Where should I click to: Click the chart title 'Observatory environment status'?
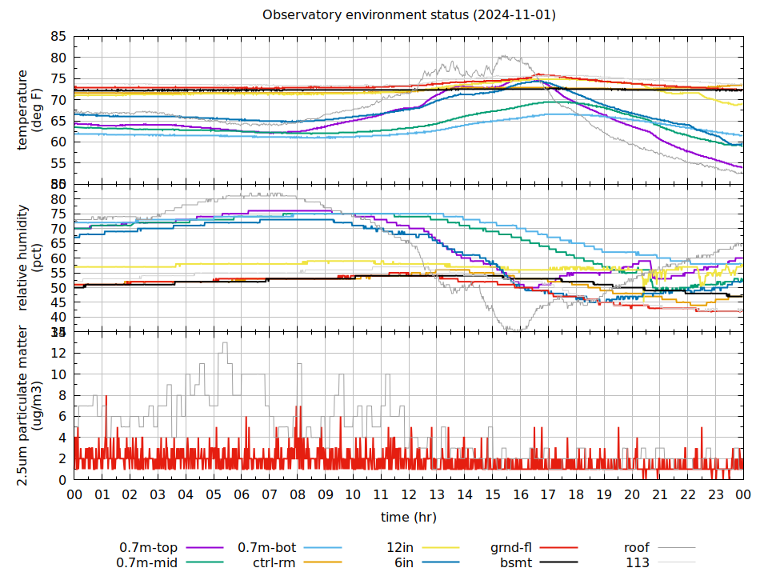point(409,15)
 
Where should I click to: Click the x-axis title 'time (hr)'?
point(408,518)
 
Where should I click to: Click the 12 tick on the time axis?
point(409,495)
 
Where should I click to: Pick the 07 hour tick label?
point(270,495)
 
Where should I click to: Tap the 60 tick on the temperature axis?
point(58,142)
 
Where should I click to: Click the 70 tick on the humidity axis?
point(58,229)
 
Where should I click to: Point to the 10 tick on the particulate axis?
point(58,374)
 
